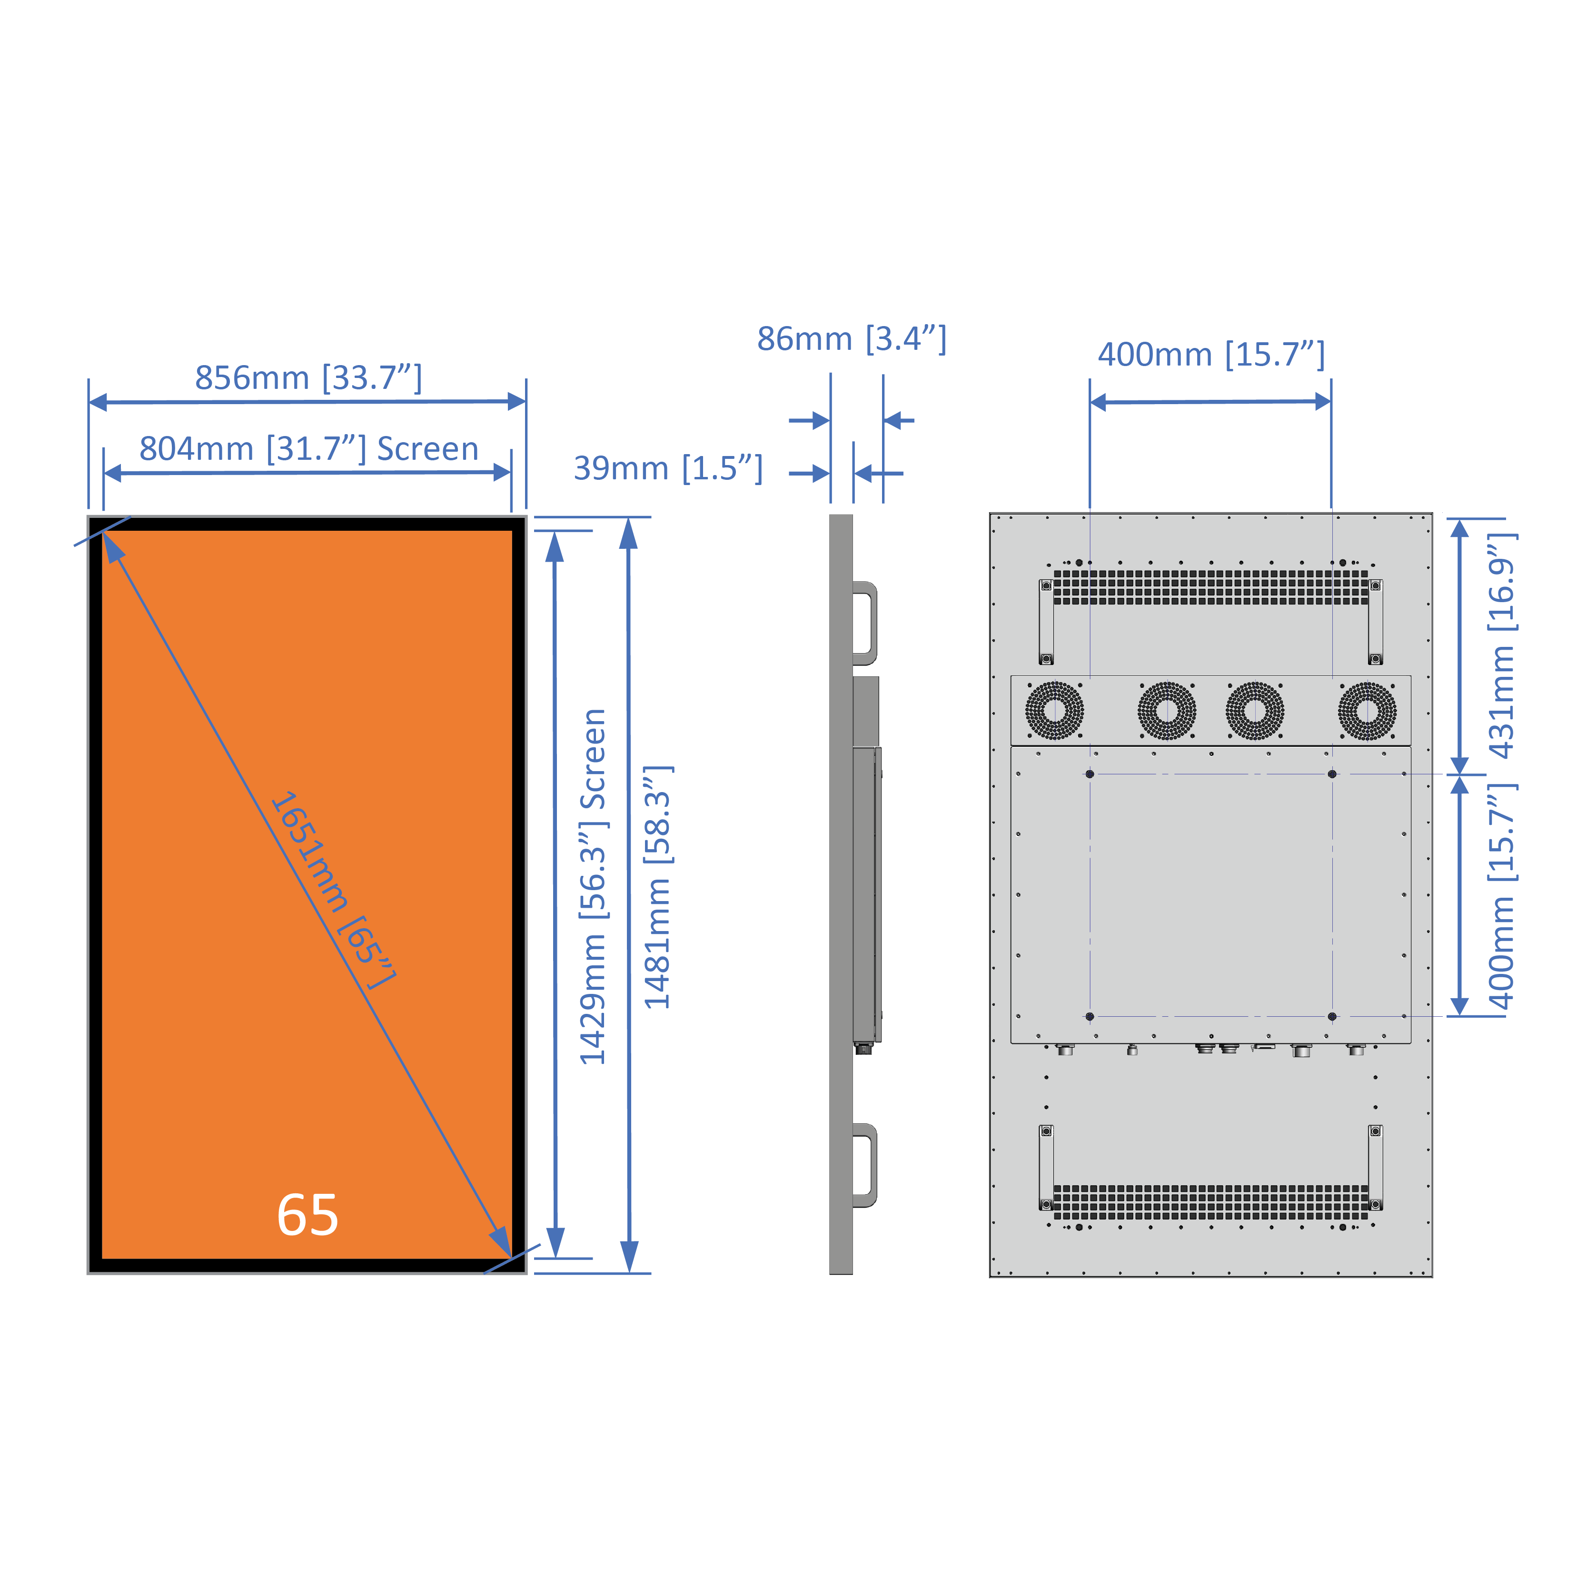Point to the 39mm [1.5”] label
pyautogui.click(x=668, y=468)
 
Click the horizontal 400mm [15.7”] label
pyautogui.click(x=1211, y=355)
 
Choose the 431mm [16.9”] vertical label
pyautogui.click(x=1502, y=645)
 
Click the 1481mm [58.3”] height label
pyautogui.click(x=657, y=887)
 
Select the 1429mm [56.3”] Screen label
pyautogui.click(x=593, y=887)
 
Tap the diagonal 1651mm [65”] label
pyautogui.click(x=333, y=891)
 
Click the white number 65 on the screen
pyautogui.click(x=307, y=1215)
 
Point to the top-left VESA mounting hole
pyautogui.click(x=1090, y=774)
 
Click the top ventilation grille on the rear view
pyautogui.click(x=1211, y=587)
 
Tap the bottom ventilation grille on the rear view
pyautogui.click(x=1211, y=1202)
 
